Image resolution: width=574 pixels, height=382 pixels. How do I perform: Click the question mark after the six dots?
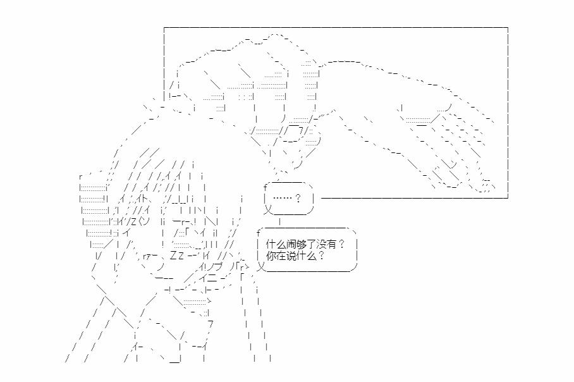[298, 198]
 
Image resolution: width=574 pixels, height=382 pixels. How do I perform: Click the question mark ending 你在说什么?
[321, 256]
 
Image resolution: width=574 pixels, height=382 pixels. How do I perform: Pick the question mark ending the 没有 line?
[341, 244]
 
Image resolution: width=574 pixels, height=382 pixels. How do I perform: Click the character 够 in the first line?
[301, 244]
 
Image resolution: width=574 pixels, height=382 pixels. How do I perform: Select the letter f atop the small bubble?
[265, 188]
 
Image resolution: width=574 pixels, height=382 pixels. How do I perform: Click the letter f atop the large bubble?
[259, 233]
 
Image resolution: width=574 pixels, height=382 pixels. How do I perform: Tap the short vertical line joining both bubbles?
[280, 221]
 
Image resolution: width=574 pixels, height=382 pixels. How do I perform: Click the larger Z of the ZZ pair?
[173, 255]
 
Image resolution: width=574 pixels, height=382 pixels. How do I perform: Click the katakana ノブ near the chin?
[212, 267]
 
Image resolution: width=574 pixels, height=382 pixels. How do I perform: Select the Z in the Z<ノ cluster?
[133, 221]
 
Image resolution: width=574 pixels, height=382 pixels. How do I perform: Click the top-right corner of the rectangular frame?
[508, 27]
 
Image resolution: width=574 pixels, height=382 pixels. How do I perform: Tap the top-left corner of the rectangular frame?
[164, 27]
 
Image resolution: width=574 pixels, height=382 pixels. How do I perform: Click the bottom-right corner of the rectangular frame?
[508, 198]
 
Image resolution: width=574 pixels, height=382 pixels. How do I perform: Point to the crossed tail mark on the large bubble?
[260, 267]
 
